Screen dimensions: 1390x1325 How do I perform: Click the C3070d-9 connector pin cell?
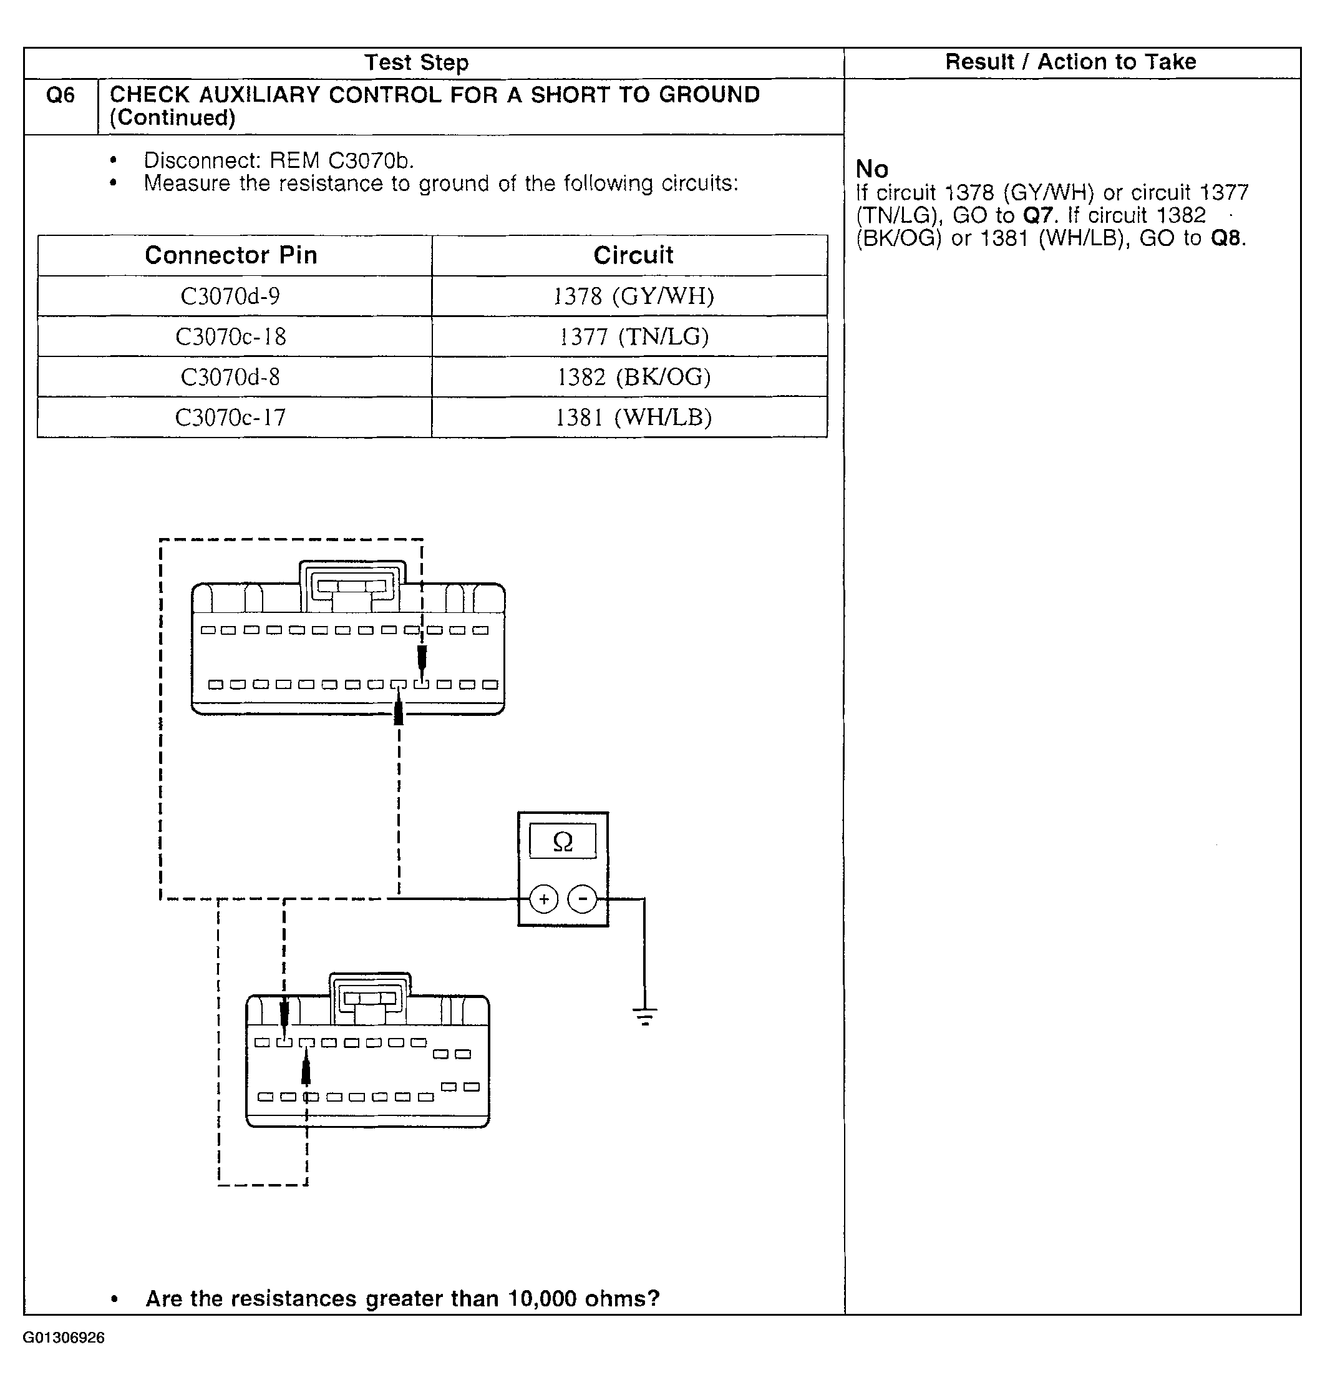tap(230, 296)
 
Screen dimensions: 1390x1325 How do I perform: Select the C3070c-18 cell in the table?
tap(230, 336)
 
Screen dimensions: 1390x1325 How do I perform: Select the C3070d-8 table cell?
tap(230, 376)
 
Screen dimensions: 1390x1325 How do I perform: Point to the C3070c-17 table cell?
tap(230, 418)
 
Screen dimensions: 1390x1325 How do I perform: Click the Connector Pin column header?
tap(231, 255)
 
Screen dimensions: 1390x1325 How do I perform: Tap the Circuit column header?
tap(633, 255)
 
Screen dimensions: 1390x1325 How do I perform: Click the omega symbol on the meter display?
tap(563, 841)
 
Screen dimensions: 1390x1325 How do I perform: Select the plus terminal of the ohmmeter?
tap(544, 899)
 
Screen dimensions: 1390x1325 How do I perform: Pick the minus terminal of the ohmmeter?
tap(583, 899)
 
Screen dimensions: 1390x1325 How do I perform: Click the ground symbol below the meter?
tap(645, 1016)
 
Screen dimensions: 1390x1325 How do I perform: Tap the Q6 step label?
tap(60, 95)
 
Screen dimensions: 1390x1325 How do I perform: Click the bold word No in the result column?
tap(871, 169)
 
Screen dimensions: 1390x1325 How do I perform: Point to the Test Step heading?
tap(416, 62)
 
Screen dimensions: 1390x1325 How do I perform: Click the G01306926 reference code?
tap(64, 1338)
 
